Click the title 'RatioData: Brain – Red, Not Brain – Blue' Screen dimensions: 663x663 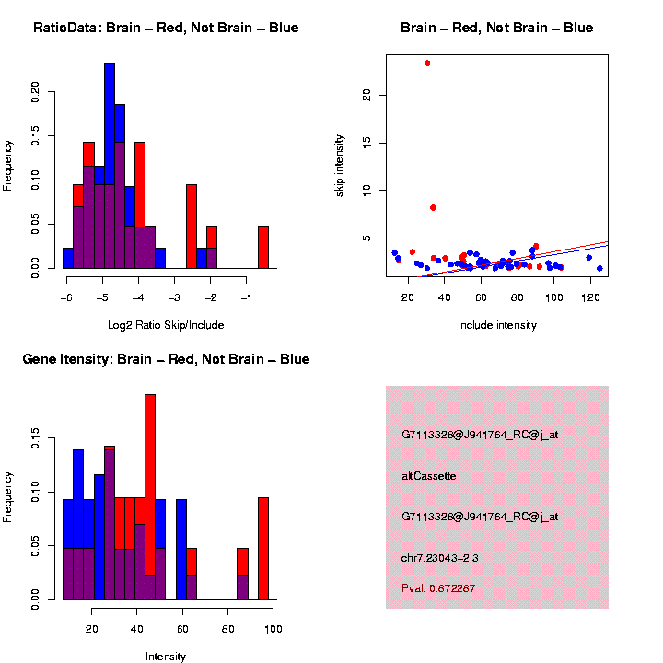tap(166, 29)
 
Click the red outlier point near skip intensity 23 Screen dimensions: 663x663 tap(427, 64)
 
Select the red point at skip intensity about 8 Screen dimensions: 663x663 tap(433, 208)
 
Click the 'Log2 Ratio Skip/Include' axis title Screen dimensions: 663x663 tap(166, 325)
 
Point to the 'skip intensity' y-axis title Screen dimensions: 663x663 tap(340, 164)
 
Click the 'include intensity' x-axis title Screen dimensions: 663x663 tap(497, 325)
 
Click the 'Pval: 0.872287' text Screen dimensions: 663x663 tap(438, 588)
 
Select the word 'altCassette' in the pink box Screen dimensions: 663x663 tap(429, 476)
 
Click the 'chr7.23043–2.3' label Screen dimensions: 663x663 tap(439, 558)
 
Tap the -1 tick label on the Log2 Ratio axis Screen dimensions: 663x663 tap(246, 297)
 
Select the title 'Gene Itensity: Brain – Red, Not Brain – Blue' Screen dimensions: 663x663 tap(166, 359)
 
